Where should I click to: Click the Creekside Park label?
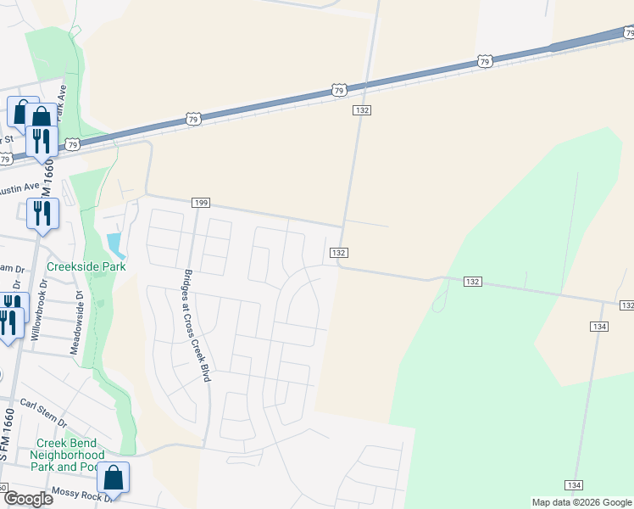click(86, 266)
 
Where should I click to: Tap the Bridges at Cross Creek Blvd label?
click(196, 326)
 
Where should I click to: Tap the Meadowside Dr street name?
click(78, 323)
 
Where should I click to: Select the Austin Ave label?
click(19, 188)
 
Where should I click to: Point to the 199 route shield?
click(201, 204)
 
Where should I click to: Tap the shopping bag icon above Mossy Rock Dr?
click(113, 478)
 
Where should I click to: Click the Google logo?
click(28, 498)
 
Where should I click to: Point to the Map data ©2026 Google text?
click(581, 502)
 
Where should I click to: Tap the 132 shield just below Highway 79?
click(362, 111)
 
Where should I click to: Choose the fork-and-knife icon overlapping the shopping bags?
click(41, 141)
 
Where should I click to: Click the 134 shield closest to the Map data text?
click(575, 484)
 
